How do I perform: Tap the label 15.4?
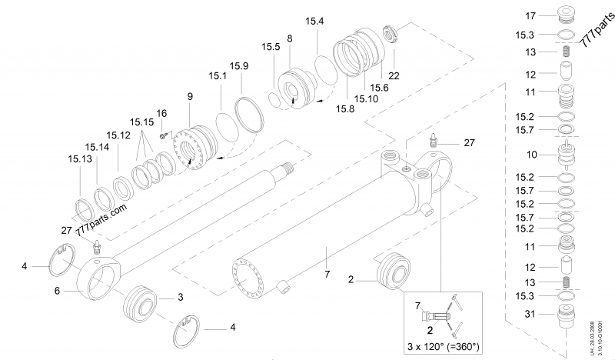coord(315,21)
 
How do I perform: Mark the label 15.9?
coord(239,66)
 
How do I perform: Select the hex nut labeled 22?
coord(391,35)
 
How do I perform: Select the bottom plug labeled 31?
coord(565,315)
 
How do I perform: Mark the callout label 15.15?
coord(141,122)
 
